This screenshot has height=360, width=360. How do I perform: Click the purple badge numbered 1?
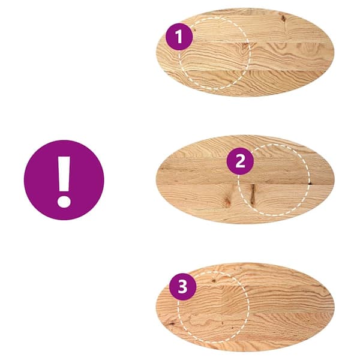179,37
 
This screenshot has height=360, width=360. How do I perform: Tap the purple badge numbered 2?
240,161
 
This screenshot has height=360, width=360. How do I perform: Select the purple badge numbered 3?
183,287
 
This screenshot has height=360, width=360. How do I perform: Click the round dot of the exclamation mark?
64,202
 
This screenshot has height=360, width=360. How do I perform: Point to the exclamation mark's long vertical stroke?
64,174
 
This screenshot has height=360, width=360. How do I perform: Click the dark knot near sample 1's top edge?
284,19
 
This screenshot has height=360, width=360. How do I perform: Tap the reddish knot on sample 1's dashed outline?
245,46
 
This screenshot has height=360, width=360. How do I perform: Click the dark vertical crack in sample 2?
253,194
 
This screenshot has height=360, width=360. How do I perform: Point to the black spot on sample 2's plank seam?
310,183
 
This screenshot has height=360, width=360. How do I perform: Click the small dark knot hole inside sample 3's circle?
214,281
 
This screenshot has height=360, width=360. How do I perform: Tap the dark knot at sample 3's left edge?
171,324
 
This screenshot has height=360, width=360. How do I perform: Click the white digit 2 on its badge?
240,161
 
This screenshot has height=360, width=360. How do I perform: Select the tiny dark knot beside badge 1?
194,31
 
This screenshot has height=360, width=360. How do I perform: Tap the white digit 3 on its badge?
183,287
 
